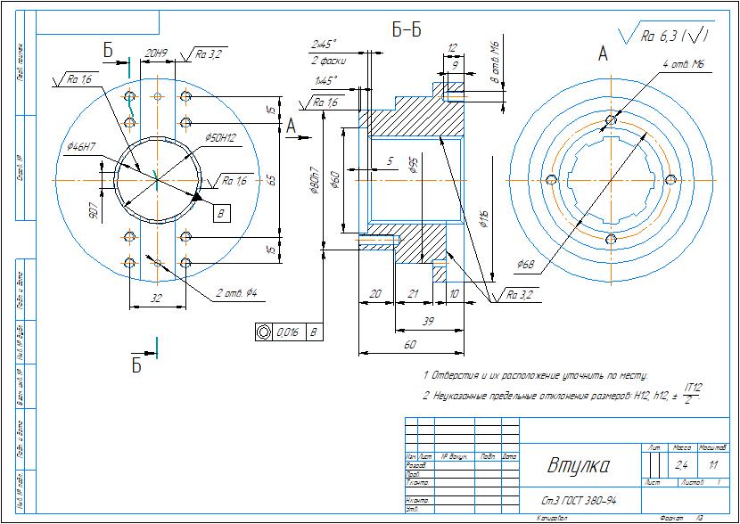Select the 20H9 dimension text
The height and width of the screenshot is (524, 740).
tap(157, 53)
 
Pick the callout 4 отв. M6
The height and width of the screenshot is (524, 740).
tap(685, 64)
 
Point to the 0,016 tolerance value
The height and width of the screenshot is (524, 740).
tap(287, 332)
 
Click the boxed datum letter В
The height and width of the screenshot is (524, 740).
tap(220, 212)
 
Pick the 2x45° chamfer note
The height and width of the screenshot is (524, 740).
tap(322, 43)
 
